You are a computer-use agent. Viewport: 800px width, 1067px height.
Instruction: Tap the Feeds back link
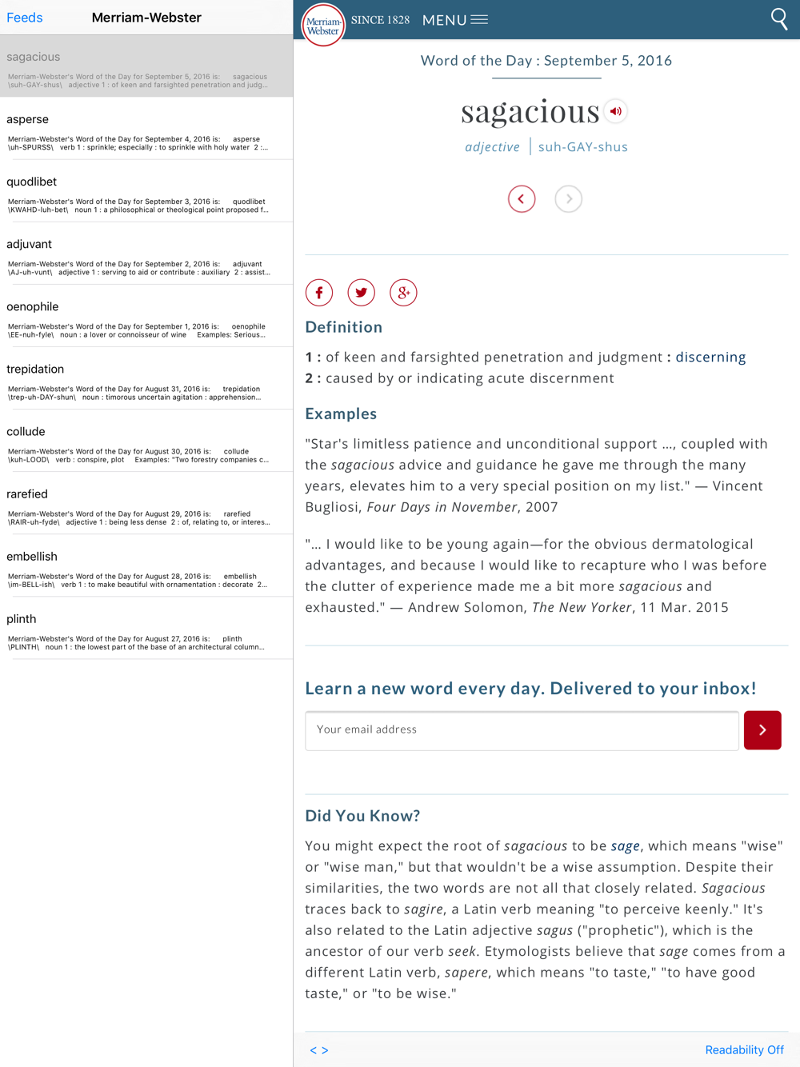click(x=25, y=18)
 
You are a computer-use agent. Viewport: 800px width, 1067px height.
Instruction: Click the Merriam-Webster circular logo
click(x=323, y=25)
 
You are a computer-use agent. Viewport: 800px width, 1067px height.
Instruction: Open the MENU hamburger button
click(x=455, y=20)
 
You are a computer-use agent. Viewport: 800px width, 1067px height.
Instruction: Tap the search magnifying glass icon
click(x=778, y=19)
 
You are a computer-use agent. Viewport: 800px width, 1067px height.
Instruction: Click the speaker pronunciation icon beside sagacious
click(x=615, y=112)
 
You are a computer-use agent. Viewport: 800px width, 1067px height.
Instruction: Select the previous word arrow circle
click(x=522, y=199)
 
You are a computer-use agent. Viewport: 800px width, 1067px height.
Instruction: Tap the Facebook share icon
click(x=319, y=293)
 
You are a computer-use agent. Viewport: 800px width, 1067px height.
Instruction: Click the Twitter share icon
click(x=362, y=293)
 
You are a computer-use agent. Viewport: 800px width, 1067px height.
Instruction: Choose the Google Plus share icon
click(x=403, y=293)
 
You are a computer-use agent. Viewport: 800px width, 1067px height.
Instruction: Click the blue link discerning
click(x=710, y=358)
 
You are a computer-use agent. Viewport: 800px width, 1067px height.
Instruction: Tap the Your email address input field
click(x=522, y=730)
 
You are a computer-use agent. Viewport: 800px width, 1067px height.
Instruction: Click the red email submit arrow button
click(x=762, y=730)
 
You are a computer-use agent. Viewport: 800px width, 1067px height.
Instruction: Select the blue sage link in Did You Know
click(x=626, y=846)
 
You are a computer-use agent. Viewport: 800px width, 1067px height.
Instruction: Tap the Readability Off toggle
click(x=744, y=1050)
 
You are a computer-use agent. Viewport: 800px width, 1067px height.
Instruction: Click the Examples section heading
click(x=341, y=414)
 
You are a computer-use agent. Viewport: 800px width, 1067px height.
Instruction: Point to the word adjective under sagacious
click(x=493, y=147)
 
